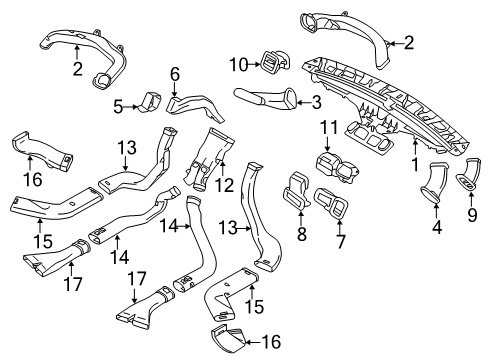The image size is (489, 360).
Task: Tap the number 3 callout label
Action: pyautogui.click(x=316, y=101)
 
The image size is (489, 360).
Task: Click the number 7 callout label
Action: pyautogui.click(x=341, y=240)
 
